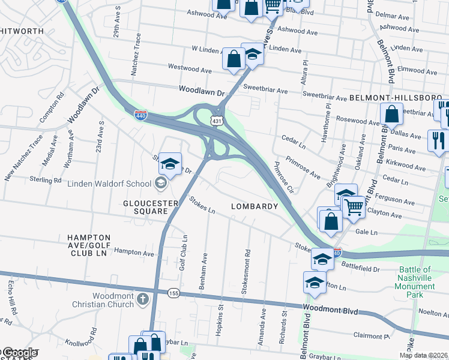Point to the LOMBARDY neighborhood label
(x=255, y=206)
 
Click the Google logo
(x=19, y=353)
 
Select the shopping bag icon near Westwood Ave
(x=233, y=59)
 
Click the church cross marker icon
(x=142, y=299)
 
